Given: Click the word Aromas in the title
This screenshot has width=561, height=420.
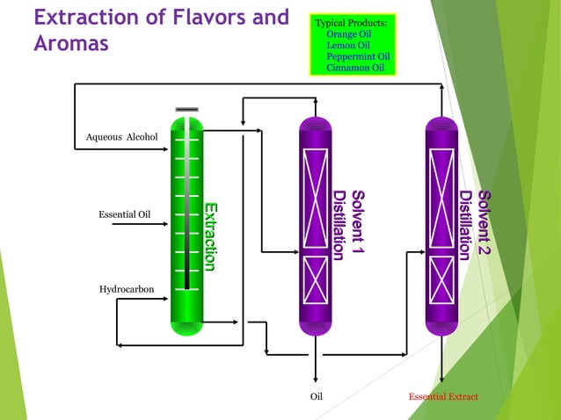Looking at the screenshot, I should coord(71,43).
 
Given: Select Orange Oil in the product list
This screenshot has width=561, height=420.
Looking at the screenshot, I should coord(348,33).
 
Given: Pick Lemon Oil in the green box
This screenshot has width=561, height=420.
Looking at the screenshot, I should coord(348,45).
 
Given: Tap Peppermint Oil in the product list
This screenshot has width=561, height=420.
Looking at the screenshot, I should coord(358,56).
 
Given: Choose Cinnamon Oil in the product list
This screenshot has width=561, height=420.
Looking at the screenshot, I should coord(355,68).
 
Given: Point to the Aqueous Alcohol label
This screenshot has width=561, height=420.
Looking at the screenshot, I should coord(121,137).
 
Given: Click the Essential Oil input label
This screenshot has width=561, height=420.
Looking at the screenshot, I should coord(124,214).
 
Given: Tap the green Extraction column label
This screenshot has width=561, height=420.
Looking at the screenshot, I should coord(210,235).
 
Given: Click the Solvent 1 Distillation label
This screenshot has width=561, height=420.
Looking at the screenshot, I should coord(348,224).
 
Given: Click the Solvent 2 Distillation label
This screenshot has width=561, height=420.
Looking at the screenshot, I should coord(475,224).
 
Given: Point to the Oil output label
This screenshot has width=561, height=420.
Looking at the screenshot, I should coord(317,397).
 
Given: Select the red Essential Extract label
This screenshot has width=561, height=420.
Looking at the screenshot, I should coord(443,397).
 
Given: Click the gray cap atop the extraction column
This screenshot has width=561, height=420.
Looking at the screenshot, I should coord(186,110).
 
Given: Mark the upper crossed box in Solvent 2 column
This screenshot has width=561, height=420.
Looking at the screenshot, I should coord(441,195).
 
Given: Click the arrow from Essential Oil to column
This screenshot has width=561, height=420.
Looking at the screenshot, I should coord(162,223).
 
